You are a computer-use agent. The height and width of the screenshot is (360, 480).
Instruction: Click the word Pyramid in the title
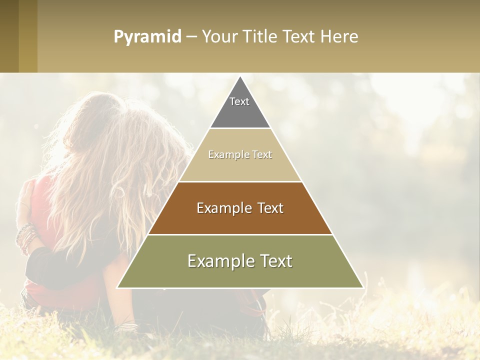pyautogui.click(x=147, y=37)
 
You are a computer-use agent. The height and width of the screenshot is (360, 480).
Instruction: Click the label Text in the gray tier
pyautogui.click(x=239, y=101)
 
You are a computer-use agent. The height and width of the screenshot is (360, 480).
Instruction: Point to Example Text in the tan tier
pyautogui.click(x=240, y=154)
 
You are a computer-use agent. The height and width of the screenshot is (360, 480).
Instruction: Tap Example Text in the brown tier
pyautogui.click(x=240, y=208)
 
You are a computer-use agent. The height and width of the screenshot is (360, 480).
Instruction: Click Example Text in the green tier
pyautogui.click(x=240, y=261)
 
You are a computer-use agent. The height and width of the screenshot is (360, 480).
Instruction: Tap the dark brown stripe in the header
pyautogui.click(x=9, y=36)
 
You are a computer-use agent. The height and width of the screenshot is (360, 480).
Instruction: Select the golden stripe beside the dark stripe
pyautogui.click(x=28, y=36)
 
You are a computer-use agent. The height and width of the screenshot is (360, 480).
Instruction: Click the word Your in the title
pyautogui.click(x=218, y=37)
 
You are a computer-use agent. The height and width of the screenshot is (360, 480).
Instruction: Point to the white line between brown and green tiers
pyautogui.click(x=240, y=234)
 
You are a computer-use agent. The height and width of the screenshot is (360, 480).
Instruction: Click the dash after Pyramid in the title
pyautogui.click(x=191, y=37)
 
